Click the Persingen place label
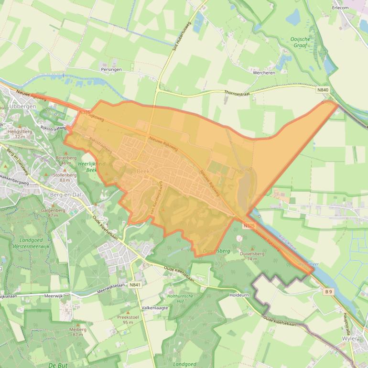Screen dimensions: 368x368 [111, 69]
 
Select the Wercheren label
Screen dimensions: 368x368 [263, 73]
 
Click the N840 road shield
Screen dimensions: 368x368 [323, 89]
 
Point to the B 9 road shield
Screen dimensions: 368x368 [328, 291]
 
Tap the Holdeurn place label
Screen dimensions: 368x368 [239, 295]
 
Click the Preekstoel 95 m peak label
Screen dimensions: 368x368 [128, 319]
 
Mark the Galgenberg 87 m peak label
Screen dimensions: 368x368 [53, 212]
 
